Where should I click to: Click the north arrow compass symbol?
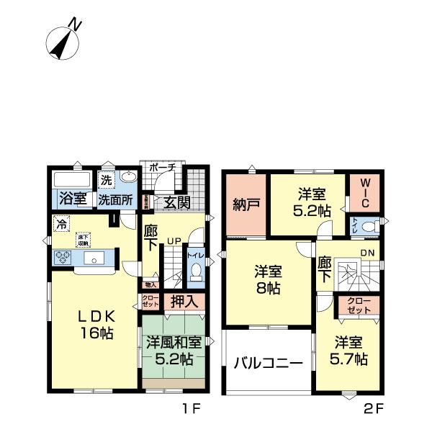64,41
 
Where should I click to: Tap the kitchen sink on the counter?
91,259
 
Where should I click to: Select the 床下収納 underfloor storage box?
84,240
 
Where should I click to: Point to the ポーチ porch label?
162,167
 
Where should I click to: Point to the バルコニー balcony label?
268,364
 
